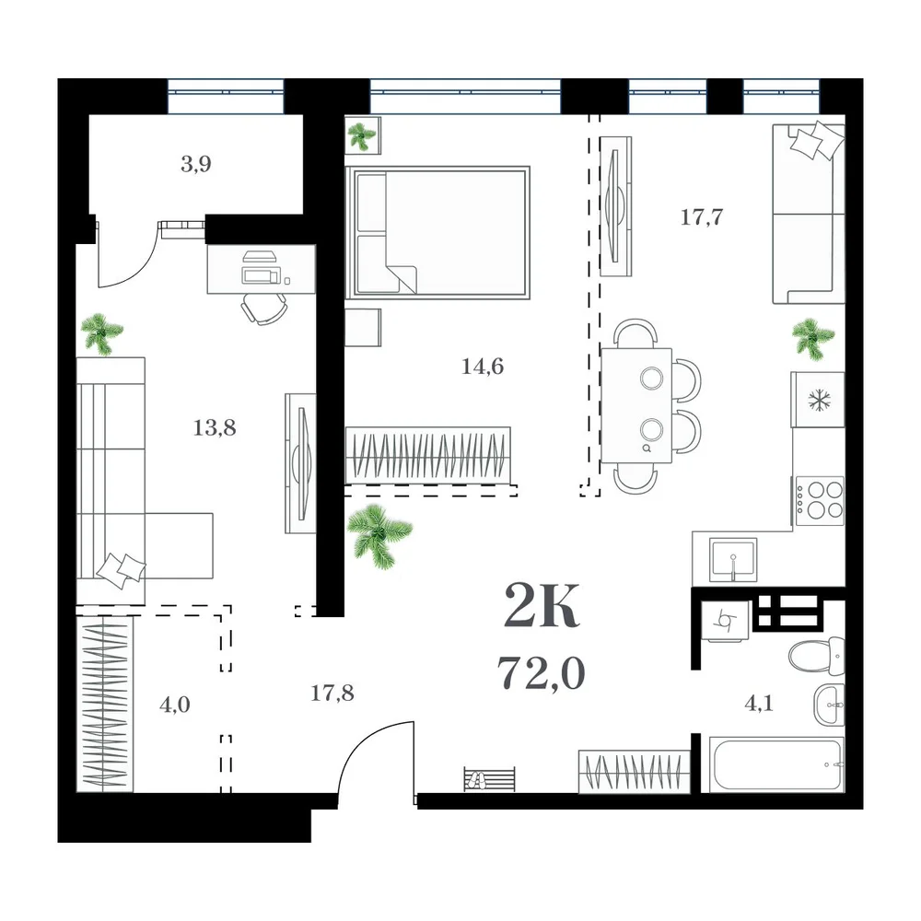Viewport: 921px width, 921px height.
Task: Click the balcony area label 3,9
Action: pos(196,164)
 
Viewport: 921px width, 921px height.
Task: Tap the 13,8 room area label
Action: pos(215,427)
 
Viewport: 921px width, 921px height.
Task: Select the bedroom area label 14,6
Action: pos(483,367)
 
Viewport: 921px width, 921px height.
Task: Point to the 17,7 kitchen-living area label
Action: pos(701,217)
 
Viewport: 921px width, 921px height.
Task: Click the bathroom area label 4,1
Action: pos(758,703)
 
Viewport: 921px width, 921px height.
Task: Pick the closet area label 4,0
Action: pos(174,704)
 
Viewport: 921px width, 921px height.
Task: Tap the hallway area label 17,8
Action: pos(332,694)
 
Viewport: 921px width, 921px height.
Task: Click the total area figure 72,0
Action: pos(541,672)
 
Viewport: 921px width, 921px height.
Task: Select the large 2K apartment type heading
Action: pos(542,605)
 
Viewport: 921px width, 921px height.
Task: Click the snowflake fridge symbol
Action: pos(818,400)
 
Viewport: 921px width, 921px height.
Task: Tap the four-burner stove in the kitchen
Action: pos(820,500)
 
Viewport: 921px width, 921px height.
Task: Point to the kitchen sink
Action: pos(733,559)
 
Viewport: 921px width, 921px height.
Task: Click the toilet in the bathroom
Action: pos(816,656)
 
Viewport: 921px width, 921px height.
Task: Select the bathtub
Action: pos(776,764)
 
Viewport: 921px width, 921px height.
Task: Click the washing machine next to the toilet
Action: pos(726,622)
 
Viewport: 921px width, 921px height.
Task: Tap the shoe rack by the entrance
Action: pos(489,779)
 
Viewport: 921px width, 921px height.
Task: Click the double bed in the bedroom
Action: pos(438,233)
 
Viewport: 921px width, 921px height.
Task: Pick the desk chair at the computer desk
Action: pos(265,309)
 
